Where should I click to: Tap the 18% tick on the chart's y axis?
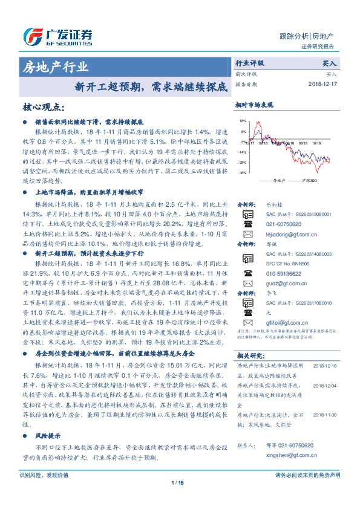(x=243, y=122)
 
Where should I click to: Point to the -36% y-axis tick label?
(x=242, y=173)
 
